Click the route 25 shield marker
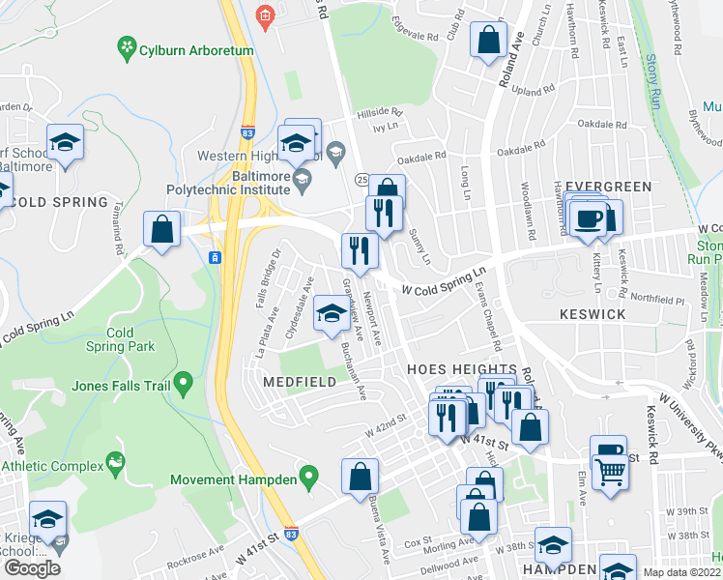pos(361,180)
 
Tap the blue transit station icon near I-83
pos(215,257)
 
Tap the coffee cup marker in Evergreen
pos(590,218)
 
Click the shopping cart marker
pos(611,473)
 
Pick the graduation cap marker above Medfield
pos(332,313)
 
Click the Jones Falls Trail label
pos(121,387)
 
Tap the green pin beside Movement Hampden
pos(308,476)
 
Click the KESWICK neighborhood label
pos(593,314)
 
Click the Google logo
pos(32,568)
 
